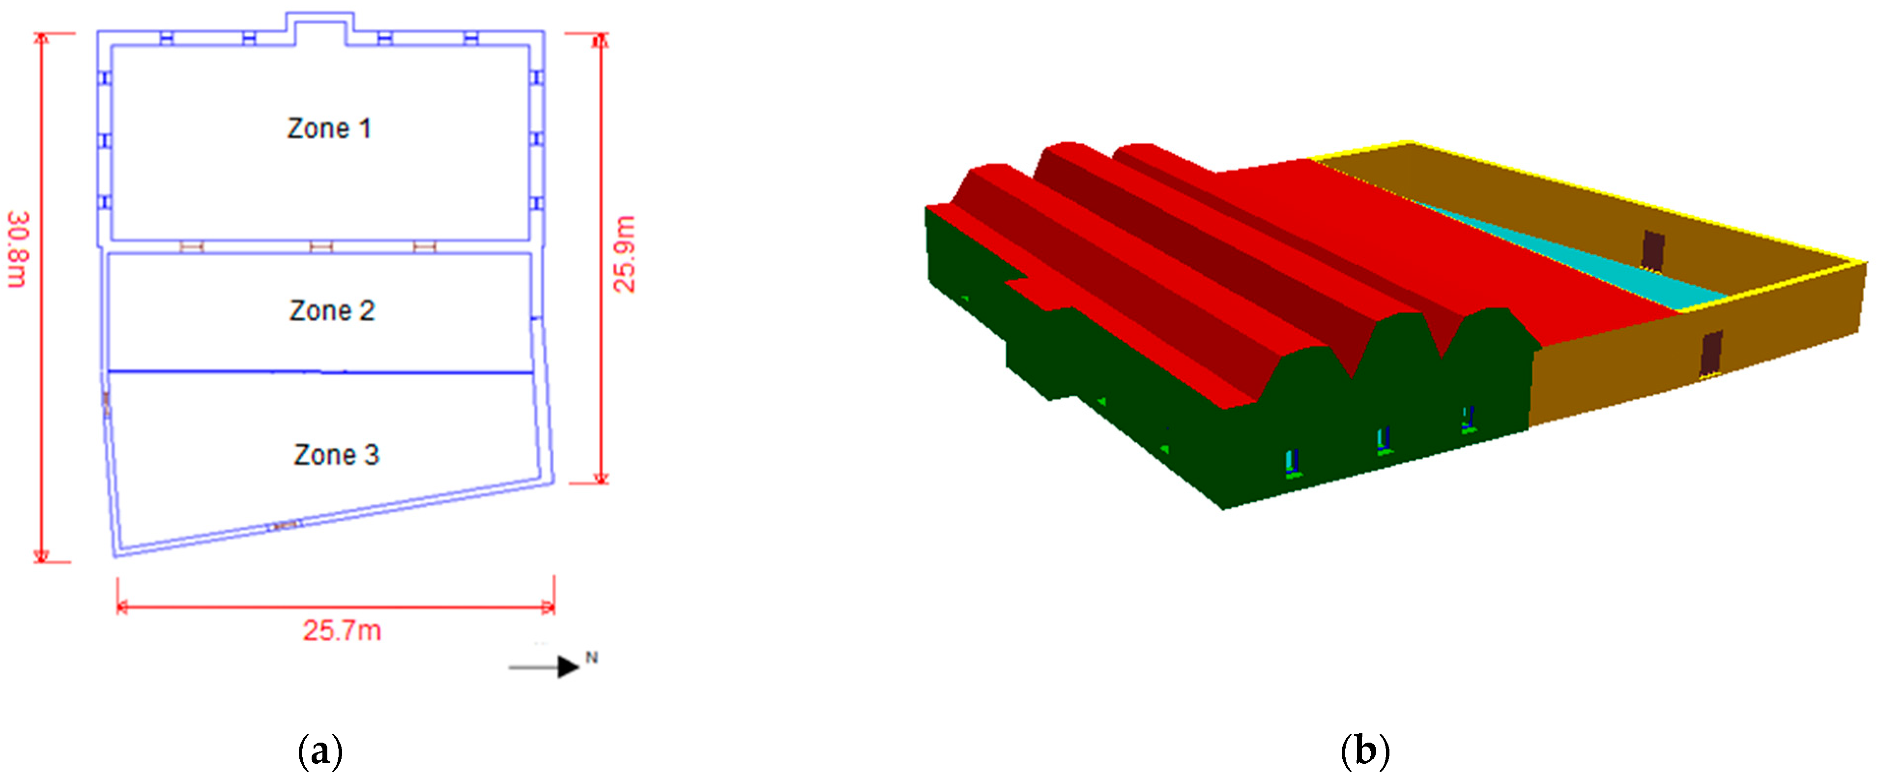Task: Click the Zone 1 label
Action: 329,128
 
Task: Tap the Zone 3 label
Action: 337,455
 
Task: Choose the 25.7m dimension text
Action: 342,630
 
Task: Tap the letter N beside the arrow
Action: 592,658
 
